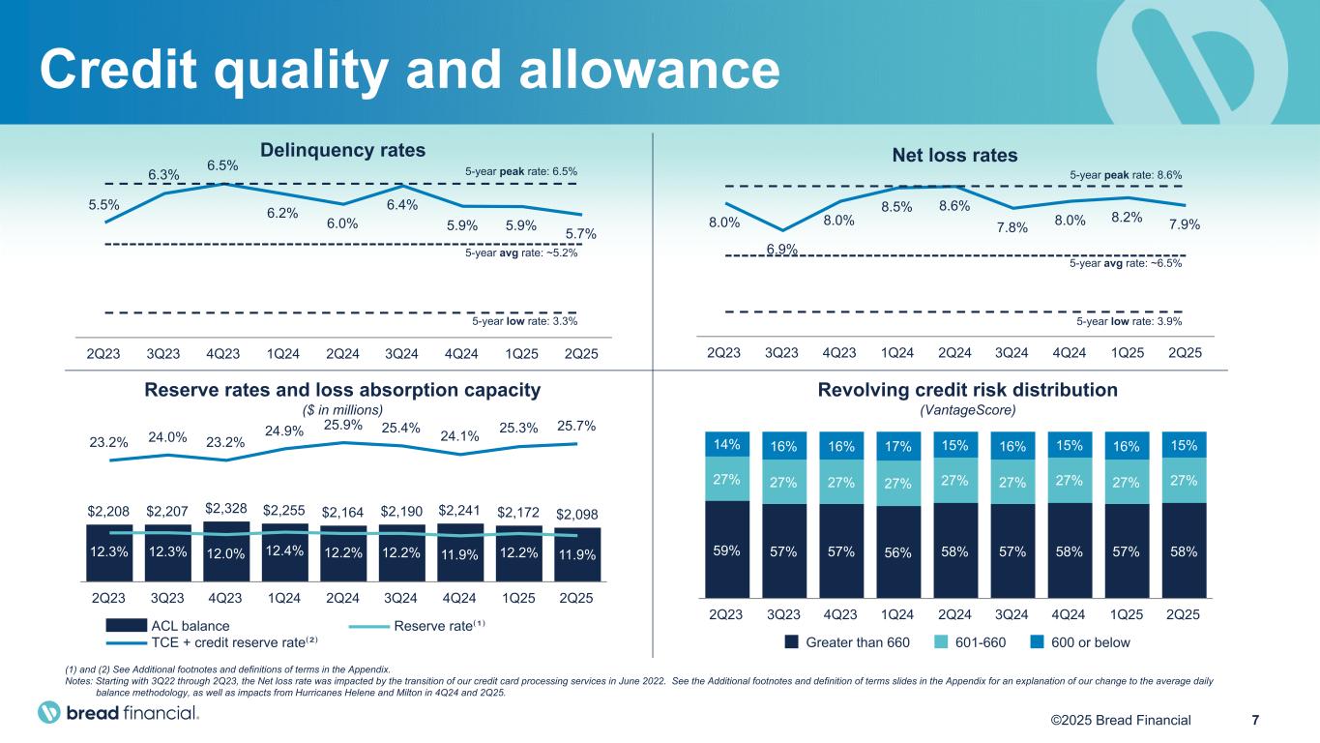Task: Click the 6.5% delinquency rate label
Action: point(223,166)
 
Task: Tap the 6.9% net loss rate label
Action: point(781,249)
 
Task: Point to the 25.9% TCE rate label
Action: point(343,424)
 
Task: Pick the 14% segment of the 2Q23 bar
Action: point(726,445)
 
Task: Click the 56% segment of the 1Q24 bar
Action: point(897,552)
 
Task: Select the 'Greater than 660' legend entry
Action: point(857,642)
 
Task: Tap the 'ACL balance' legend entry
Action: point(191,626)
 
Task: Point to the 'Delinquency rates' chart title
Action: point(343,150)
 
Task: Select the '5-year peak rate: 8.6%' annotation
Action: point(1127,175)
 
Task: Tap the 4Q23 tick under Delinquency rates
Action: point(223,354)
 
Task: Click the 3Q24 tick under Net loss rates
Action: point(1012,354)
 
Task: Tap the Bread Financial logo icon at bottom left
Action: point(49,713)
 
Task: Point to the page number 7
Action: point(1255,719)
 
